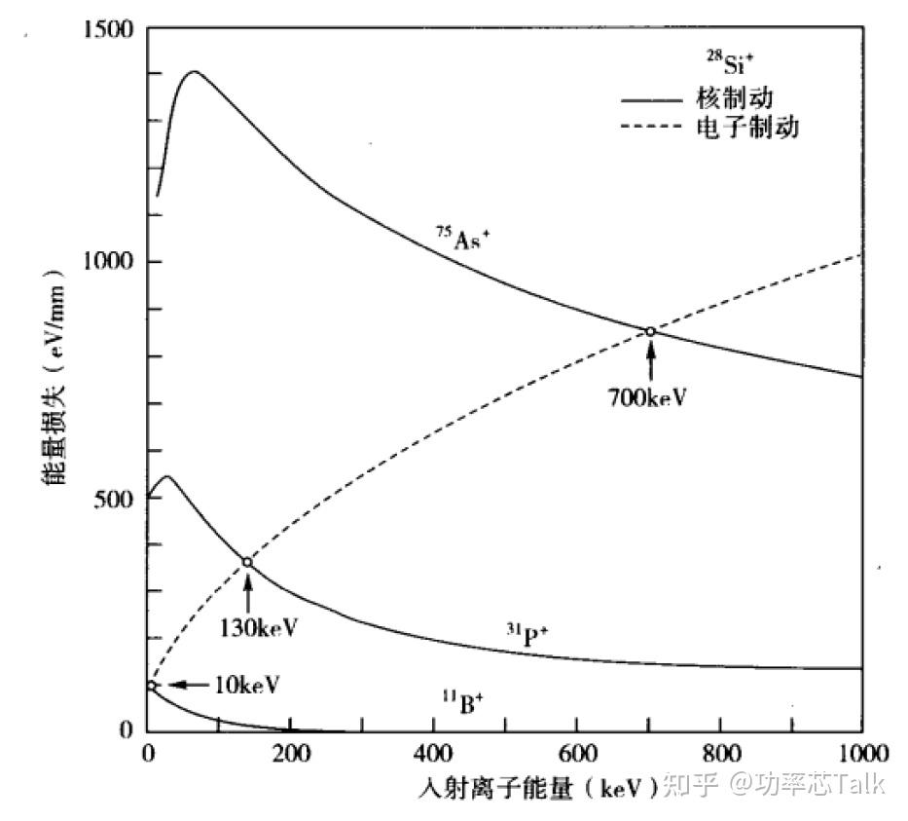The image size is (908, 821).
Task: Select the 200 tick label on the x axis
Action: (291, 753)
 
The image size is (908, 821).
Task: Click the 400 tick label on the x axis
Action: (434, 753)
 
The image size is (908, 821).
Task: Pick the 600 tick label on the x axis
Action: (577, 753)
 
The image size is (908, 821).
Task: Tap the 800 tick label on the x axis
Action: (720, 753)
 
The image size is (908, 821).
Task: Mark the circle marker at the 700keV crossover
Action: (650, 332)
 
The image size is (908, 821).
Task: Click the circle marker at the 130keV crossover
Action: (247, 562)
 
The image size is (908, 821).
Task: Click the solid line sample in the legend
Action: (654, 98)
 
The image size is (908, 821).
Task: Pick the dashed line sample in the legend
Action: (654, 127)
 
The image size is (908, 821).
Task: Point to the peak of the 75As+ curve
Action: (194, 71)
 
